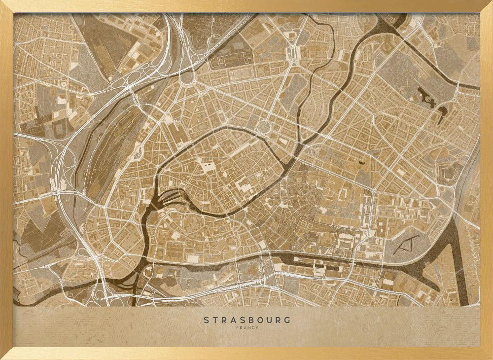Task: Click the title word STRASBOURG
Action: click(247, 320)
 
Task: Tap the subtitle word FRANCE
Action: click(247, 327)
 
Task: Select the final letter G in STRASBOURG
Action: click(287, 320)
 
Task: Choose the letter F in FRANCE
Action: click(238, 327)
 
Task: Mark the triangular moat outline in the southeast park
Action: click(406, 244)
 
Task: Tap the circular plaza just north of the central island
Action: click(264, 127)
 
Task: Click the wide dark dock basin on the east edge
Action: click(461, 266)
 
